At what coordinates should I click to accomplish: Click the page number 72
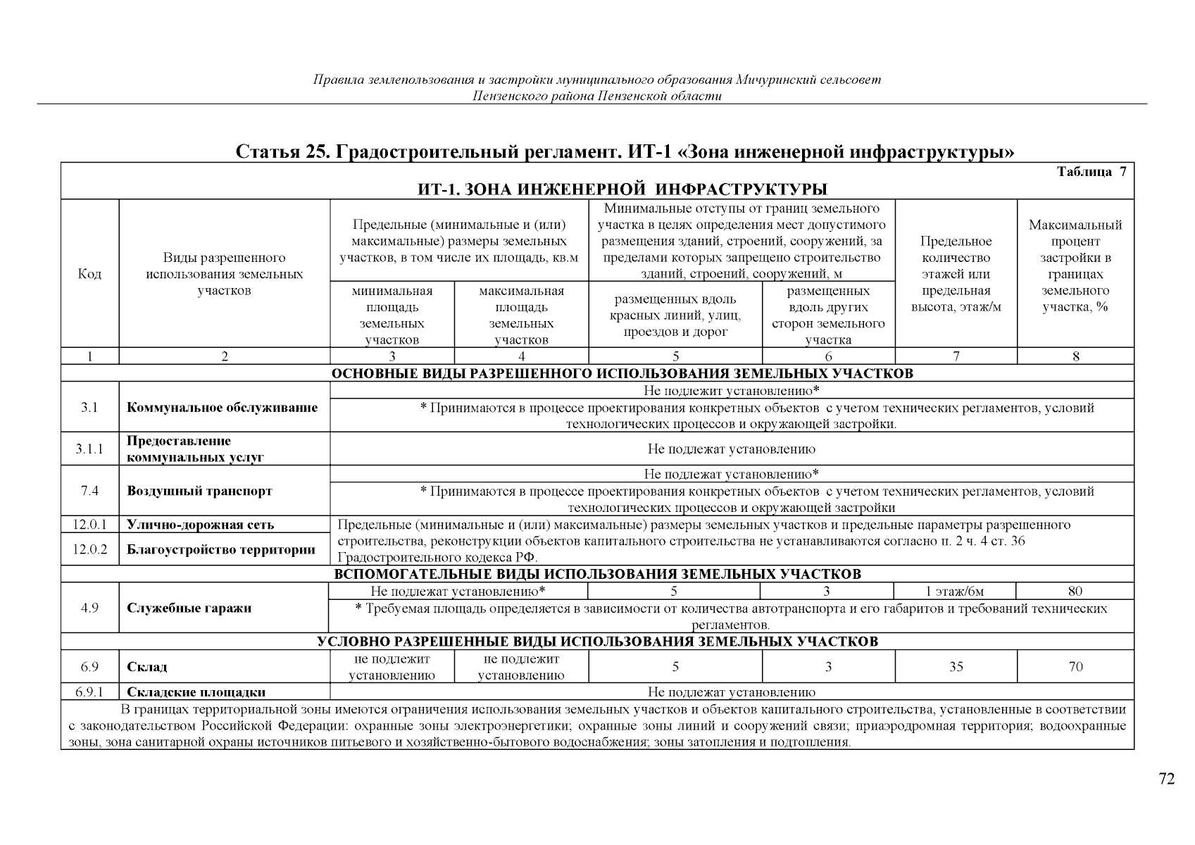[1167, 779]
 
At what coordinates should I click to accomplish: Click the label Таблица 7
[1091, 173]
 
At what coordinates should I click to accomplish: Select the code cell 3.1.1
[89, 449]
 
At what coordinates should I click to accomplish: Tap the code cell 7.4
[89, 491]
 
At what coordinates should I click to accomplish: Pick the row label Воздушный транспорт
[199, 491]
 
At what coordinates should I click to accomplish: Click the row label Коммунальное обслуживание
[222, 408]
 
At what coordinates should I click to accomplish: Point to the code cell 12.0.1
[89, 525]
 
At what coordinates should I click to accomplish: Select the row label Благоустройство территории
[220, 549]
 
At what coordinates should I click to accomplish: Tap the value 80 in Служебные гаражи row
[1075, 591]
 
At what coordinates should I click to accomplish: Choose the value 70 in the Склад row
[1075, 667]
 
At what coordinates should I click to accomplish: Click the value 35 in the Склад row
[956, 667]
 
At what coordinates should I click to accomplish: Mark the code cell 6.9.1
[89, 692]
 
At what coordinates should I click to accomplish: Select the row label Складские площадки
[196, 692]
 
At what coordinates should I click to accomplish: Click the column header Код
[89, 274]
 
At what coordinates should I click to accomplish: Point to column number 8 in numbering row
[1075, 357]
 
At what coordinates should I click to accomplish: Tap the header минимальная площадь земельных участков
[392, 315]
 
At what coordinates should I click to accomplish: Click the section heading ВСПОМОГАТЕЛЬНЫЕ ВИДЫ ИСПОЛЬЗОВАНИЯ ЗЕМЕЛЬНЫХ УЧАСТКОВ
[596, 575]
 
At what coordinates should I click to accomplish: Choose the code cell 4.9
[89, 608]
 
